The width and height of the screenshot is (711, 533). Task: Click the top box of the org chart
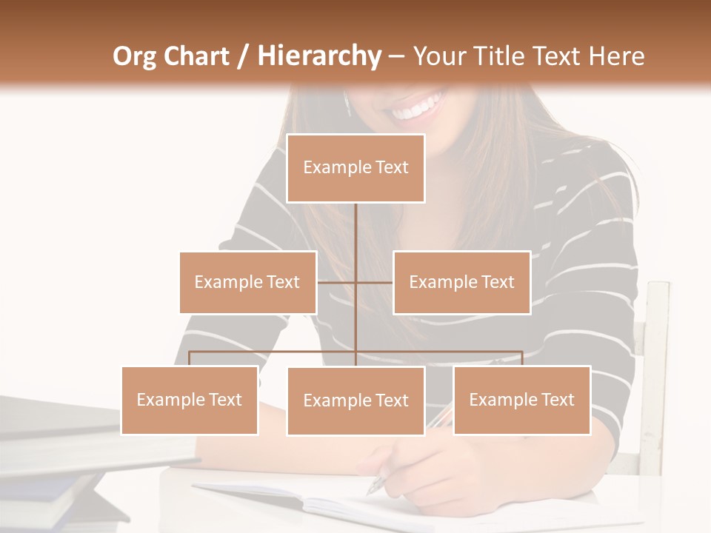[355, 168]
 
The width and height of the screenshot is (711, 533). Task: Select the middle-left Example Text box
[247, 282]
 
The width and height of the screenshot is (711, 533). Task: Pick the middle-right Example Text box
[461, 282]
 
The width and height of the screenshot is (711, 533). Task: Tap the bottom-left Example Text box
[190, 400]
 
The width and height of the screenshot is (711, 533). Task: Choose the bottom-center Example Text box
[355, 400]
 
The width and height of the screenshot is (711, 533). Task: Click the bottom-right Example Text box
[521, 400]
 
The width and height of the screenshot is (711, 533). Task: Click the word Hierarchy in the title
[318, 56]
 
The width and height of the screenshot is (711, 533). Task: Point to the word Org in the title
[136, 56]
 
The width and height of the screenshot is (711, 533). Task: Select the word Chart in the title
[197, 56]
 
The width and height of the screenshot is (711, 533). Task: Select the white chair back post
[655, 370]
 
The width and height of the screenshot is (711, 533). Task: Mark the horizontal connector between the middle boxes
[355, 282]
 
